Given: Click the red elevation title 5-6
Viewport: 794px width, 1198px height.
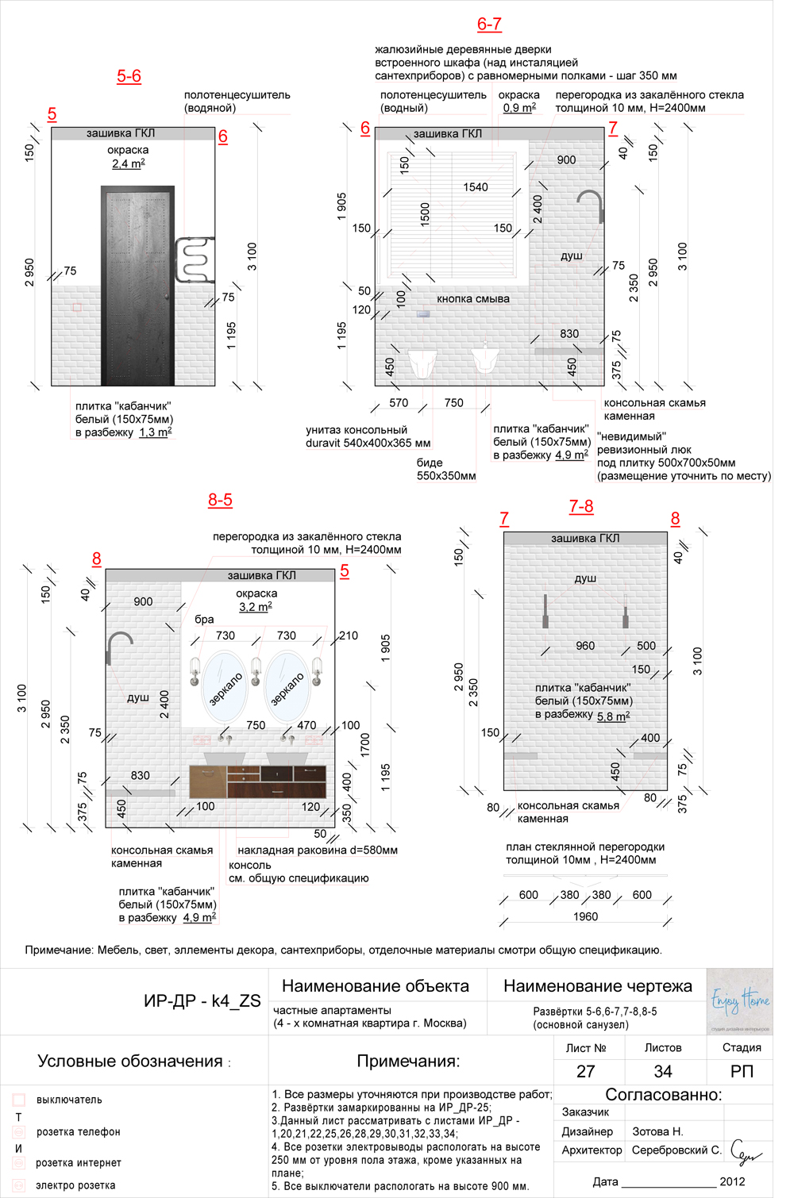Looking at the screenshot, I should (x=129, y=76).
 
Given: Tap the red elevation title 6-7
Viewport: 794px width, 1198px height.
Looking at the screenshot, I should (x=489, y=24).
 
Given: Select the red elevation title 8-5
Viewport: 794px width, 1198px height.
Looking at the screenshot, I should (x=220, y=500).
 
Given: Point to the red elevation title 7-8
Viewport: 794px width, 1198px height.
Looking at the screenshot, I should (x=581, y=506).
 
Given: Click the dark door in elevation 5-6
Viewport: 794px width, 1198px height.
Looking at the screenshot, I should (x=137, y=286).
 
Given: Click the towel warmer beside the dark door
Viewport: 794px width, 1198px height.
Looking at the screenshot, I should (x=194, y=259).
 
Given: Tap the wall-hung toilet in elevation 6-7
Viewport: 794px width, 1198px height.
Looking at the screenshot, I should (x=422, y=362).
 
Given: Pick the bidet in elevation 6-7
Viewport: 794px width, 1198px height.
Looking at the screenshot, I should (x=484, y=359).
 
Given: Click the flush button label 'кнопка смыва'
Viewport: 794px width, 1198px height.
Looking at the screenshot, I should (x=472, y=299).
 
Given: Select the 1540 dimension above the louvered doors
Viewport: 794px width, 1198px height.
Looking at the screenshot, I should (x=476, y=187).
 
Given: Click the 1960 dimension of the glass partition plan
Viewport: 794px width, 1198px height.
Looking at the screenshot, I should (x=585, y=916).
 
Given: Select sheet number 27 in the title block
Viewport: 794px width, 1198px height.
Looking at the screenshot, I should (x=585, y=1071).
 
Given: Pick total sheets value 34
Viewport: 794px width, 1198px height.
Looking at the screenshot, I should (x=663, y=1071).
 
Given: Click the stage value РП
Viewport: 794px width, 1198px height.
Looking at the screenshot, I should (x=742, y=1071).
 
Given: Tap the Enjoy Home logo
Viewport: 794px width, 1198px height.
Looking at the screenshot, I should (x=739, y=1001).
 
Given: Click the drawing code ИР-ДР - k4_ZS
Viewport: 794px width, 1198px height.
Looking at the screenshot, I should (x=202, y=1000).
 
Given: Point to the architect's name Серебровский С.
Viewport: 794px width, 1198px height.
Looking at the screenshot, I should (x=676, y=1150).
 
